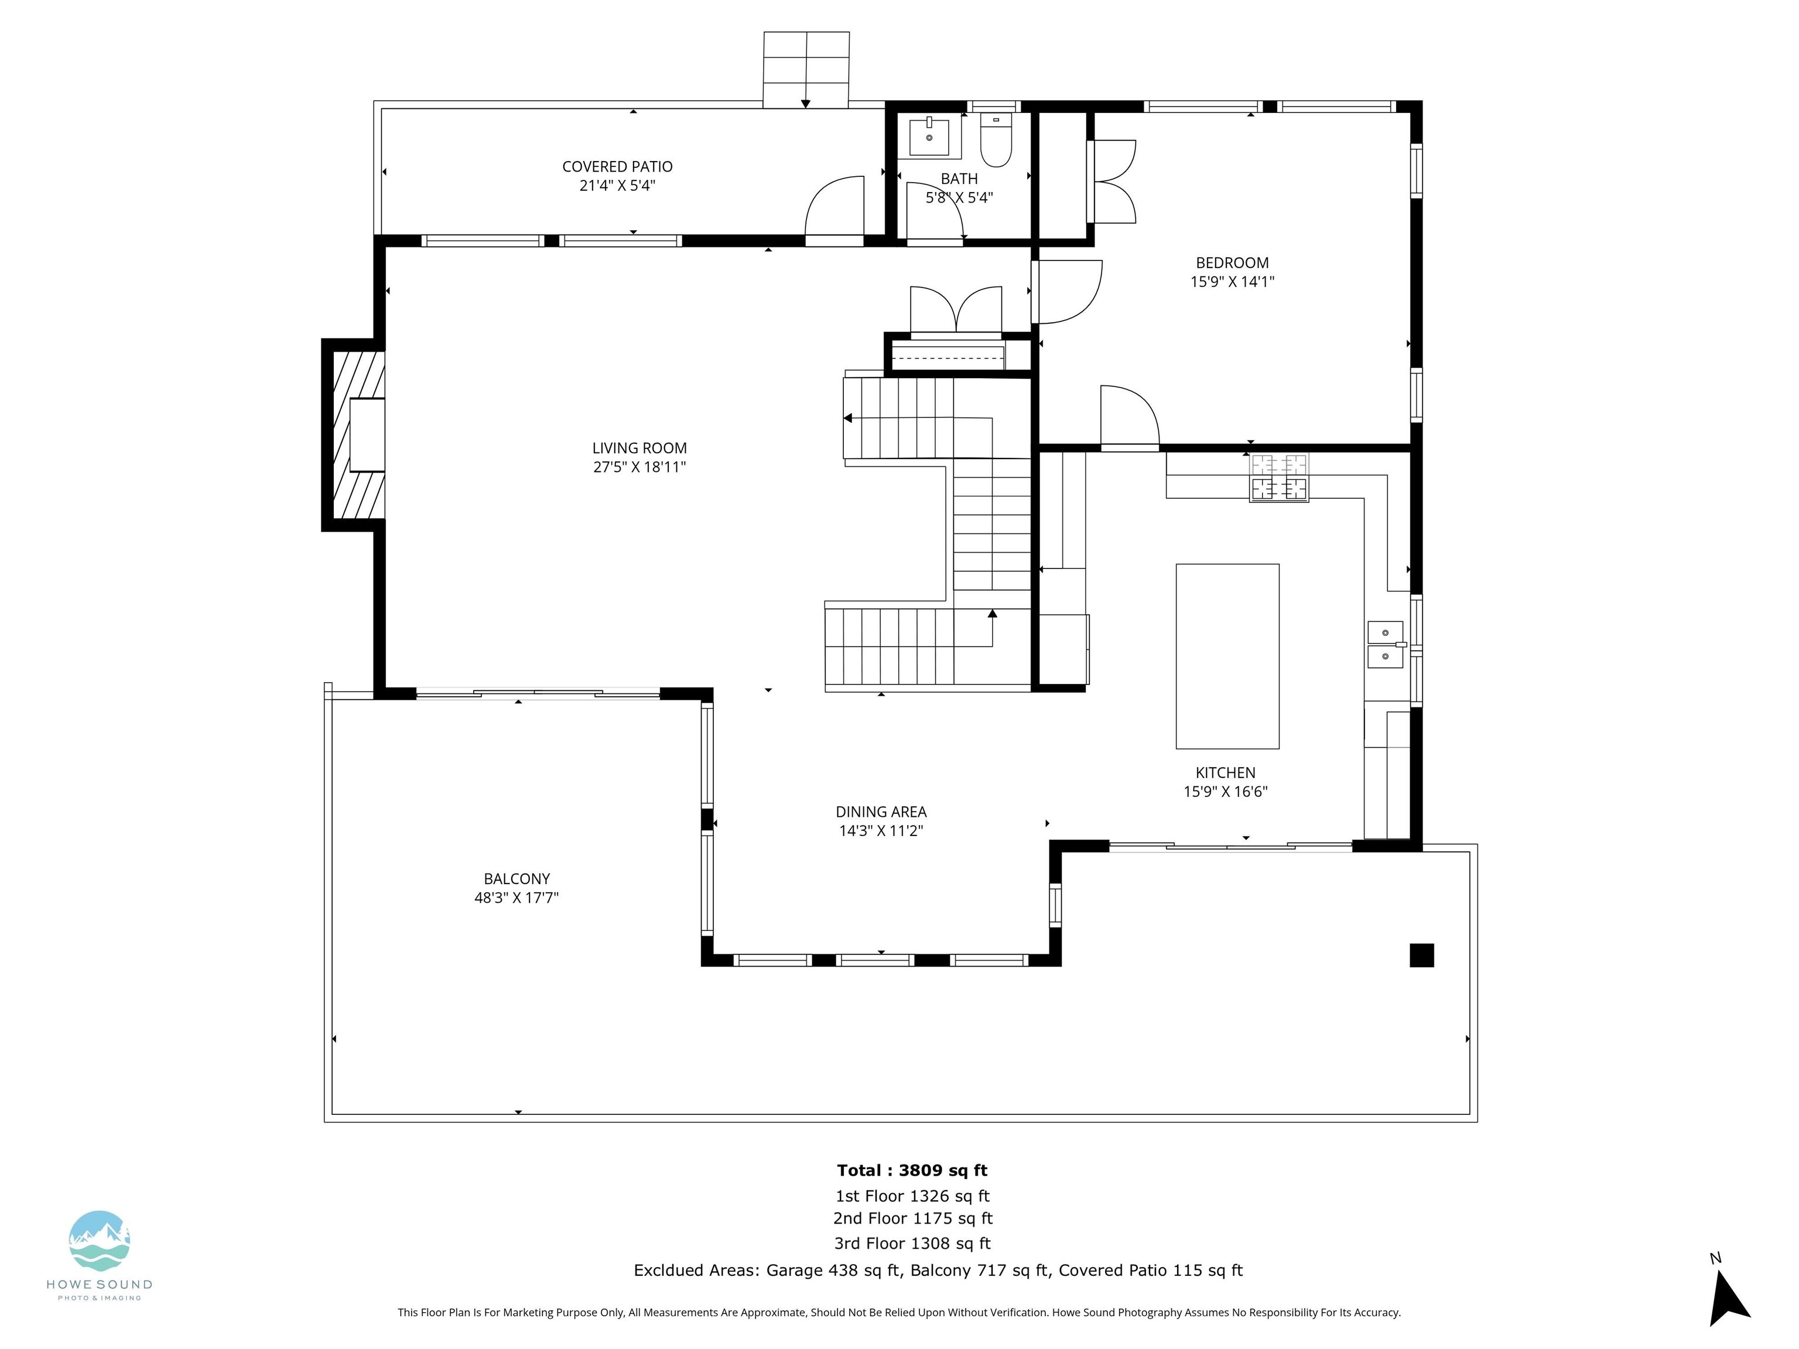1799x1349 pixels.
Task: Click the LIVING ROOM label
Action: (x=639, y=448)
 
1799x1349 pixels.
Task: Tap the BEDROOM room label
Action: (x=1232, y=263)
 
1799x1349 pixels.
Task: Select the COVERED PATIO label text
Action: (x=617, y=167)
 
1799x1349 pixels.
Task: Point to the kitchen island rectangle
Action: (x=1227, y=656)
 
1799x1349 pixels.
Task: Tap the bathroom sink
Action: (x=929, y=136)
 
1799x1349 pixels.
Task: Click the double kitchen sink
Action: (x=1386, y=644)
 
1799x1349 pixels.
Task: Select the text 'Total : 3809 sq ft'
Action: (x=912, y=1170)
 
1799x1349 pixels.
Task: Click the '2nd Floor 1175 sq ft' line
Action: (x=912, y=1218)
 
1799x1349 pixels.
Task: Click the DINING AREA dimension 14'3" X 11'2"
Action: (x=881, y=830)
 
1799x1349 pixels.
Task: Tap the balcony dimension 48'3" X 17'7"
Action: (x=517, y=898)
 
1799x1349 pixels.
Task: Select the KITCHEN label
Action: (x=1225, y=772)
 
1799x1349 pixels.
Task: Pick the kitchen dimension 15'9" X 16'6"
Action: (x=1225, y=791)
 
